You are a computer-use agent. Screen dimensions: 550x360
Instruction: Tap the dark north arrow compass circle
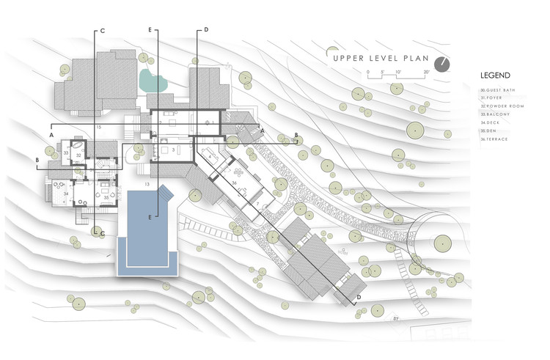point(441,64)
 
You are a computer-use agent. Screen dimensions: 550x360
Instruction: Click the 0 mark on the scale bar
point(367,71)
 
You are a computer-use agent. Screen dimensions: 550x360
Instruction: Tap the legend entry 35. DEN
point(491,131)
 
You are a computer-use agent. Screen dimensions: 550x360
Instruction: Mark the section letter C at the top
point(103,31)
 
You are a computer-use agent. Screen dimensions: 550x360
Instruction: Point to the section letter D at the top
point(207,31)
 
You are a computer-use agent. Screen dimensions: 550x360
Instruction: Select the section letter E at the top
point(150,31)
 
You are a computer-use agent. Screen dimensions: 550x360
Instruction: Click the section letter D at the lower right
point(359,297)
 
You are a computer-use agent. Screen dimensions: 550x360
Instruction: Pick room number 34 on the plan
point(66,194)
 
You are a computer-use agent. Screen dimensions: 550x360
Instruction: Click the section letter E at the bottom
point(150,217)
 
